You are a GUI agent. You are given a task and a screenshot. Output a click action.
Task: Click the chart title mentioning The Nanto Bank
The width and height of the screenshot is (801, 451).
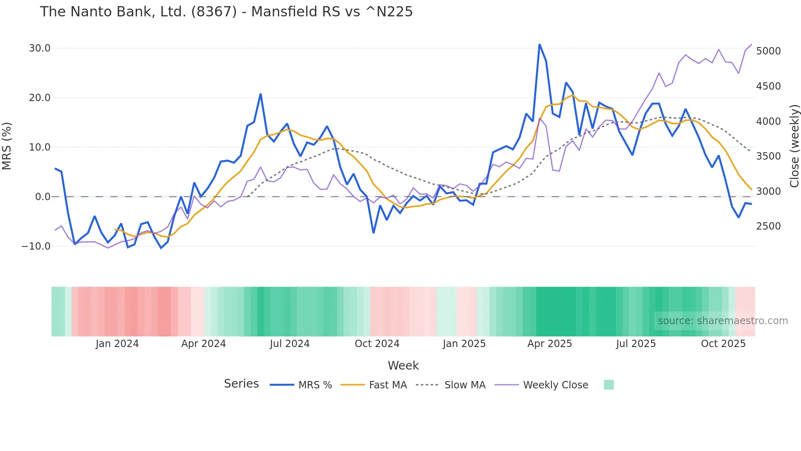click(226, 12)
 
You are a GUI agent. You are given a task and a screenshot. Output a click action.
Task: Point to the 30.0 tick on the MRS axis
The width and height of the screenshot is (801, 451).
click(40, 48)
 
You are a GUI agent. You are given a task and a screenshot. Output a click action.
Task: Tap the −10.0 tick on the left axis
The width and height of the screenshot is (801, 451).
click(36, 246)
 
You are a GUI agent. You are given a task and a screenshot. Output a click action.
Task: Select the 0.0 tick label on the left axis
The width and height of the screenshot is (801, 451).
click(43, 197)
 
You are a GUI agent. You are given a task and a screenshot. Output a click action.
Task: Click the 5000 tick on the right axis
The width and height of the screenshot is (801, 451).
click(768, 51)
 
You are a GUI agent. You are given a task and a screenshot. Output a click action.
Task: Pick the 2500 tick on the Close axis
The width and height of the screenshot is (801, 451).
click(768, 226)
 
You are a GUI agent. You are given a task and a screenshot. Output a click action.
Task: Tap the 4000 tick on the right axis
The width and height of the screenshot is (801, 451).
click(768, 122)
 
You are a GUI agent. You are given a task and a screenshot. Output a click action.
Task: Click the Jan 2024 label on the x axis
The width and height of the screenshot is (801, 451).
click(117, 344)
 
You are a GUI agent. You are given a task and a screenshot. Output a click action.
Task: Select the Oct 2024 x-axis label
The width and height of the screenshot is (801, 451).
click(377, 344)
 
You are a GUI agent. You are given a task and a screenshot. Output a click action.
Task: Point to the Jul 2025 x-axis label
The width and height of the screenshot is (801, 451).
click(636, 344)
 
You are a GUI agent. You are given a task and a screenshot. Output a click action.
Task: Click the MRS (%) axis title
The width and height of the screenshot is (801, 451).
click(7, 146)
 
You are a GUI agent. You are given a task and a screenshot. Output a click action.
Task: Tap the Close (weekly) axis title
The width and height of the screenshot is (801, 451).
click(794, 146)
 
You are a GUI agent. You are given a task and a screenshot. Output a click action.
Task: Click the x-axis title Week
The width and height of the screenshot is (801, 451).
click(403, 365)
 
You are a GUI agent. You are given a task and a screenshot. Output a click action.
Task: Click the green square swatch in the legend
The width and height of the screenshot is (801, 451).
click(609, 385)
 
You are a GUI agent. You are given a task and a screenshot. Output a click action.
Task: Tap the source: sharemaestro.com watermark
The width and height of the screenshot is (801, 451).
click(723, 321)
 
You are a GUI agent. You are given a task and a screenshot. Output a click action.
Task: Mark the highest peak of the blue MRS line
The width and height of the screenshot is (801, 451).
click(539, 44)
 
